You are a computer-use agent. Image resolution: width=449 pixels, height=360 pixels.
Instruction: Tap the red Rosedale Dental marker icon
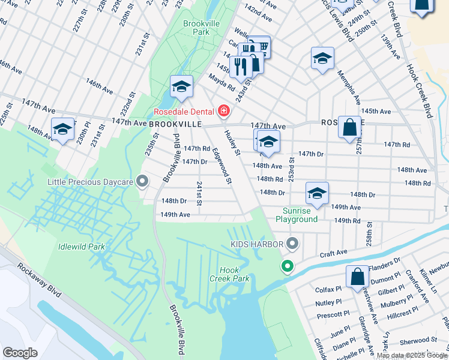coord(224,111)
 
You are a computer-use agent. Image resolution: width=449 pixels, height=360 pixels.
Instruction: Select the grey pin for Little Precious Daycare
coord(142,181)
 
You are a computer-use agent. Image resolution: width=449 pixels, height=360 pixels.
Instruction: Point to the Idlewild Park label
coord(82,247)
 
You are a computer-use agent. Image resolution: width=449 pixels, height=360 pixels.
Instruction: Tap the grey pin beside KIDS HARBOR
coord(292,244)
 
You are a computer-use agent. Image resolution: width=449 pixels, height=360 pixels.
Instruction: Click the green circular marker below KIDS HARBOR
coord(288,266)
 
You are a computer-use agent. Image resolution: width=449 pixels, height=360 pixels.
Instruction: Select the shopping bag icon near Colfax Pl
coord(357,277)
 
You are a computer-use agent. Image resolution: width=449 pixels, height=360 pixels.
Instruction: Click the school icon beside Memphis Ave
coord(322,58)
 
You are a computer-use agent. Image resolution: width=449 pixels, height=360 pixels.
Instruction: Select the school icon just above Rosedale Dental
coord(181,86)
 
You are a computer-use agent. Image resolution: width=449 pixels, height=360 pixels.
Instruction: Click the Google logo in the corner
coord(20,352)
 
